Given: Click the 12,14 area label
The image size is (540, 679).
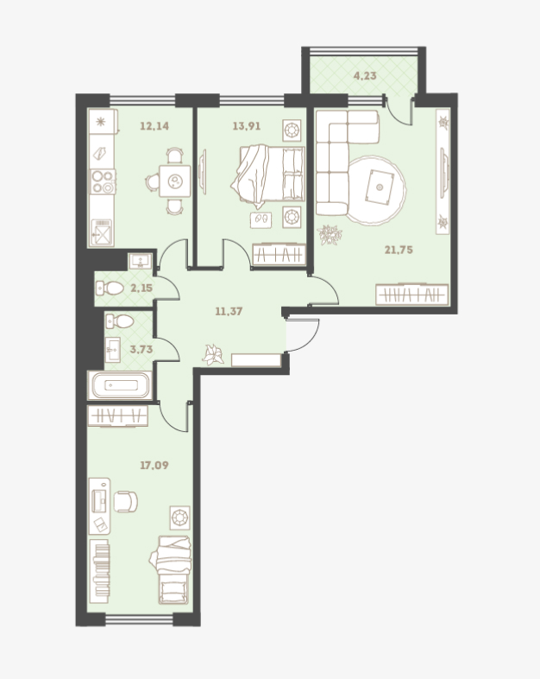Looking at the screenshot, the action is click(x=154, y=126).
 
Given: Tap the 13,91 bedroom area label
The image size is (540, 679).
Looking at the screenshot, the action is click(x=247, y=126).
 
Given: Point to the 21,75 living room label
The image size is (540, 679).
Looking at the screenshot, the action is click(x=399, y=250).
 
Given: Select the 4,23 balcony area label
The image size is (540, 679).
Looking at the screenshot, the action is click(x=365, y=76).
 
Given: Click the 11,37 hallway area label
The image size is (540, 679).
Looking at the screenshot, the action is click(x=229, y=311).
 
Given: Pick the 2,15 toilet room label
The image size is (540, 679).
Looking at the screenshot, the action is click(x=141, y=288).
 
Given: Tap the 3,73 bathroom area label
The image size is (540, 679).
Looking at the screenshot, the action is click(x=141, y=349).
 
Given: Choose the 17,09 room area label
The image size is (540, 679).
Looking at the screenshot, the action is click(x=154, y=466).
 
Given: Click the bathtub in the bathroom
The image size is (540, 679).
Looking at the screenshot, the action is click(x=120, y=385).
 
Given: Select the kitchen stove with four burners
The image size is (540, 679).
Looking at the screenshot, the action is click(x=103, y=181).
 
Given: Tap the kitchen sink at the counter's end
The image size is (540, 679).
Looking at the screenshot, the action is click(x=102, y=232).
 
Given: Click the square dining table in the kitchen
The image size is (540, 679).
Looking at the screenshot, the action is click(x=174, y=181).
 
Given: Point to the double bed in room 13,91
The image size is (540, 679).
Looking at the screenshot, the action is click(x=268, y=175).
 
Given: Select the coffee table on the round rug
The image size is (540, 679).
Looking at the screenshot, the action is click(x=380, y=187).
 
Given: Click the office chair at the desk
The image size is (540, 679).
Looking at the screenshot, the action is click(x=125, y=501).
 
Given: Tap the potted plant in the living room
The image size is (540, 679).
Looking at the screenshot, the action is click(x=330, y=235).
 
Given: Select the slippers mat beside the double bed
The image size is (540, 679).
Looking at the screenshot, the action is click(x=261, y=220).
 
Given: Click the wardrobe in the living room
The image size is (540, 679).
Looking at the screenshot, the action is click(x=411, y=295).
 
